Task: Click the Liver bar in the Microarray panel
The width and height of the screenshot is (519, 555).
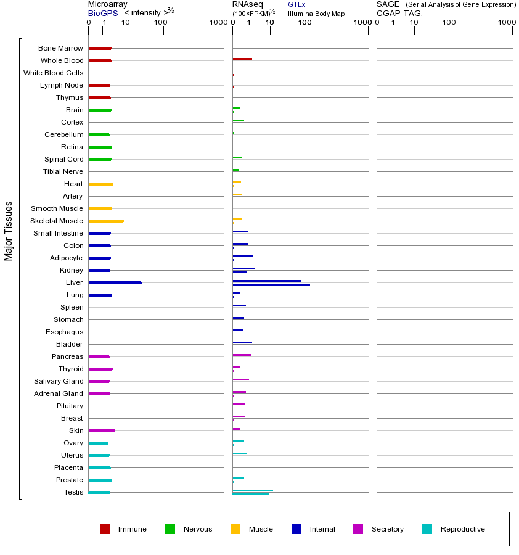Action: pyautogui.click(x=115, y=282)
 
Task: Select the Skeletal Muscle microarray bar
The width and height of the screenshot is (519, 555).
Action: pyautogui.click(x=106, y=221)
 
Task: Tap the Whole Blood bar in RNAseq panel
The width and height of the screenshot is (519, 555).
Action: pyautogui.click(x=242, y=59)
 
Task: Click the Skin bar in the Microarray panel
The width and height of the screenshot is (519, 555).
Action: pyautogui.click(x=102, y=430)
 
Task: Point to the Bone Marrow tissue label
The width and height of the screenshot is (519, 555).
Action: pyautogui.click(x=60, y=48)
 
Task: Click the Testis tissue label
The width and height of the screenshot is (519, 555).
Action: pyautogui.click(x=73, y=492)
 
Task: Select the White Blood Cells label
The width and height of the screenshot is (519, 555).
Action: pyautogui.click(x=54, y=73)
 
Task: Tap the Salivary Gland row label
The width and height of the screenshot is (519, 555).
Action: pyautogui.click(x=59, y=381)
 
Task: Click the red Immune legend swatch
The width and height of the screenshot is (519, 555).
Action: pyautogui.click(x=105, y=529)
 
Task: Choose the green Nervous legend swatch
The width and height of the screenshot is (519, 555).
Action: pyautogui.click(x=170, y=529)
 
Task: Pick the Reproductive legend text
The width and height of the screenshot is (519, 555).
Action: pyautogui.click(x=462, y=529)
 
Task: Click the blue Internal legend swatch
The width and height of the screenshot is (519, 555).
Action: pyautogui.click(x=296, y=529)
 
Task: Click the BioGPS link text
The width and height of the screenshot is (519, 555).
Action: pyautogui.click(x=100, y=13)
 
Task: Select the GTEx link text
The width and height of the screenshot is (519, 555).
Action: pyautogui.click(x=296, y=4)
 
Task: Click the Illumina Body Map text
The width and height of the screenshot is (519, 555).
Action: pyautogui.click(x=316, y=14)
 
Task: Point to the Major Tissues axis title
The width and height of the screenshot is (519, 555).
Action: pyautogui.click(x=9, y=231)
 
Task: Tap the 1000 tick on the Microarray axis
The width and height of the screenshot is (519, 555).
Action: pyautogui.click(x=218, y=22)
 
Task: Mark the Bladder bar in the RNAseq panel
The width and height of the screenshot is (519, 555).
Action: pyautogui.click(x=242, y=342)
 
